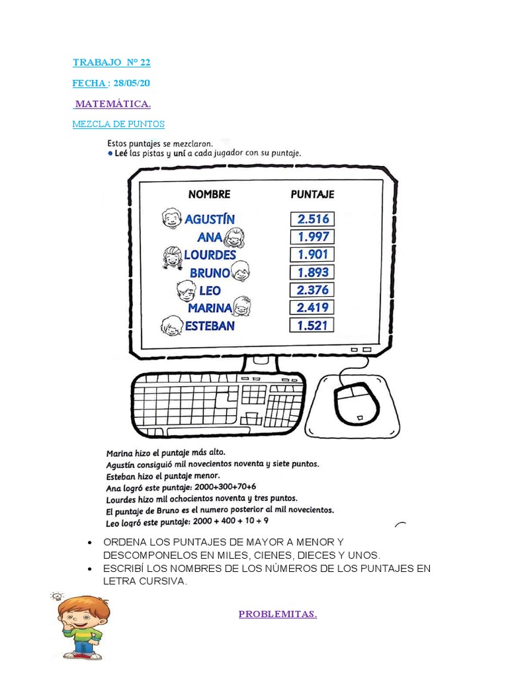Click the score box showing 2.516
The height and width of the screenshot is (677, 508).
click(x=312, y=219)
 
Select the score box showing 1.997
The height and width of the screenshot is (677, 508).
click(x=312, y=237)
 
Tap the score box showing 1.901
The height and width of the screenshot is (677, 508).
click(x=312, y=255)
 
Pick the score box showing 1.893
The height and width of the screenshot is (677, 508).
click(x=312, y=272)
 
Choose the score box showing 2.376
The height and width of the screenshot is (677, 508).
click(x=312, y=290)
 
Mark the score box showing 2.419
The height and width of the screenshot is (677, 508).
click(x=312, y=307)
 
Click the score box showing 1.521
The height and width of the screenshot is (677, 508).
click(x=312, y=325)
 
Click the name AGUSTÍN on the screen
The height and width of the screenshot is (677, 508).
click(x=210, y=219)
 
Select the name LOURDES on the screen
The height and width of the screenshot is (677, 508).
click(x=210, y=255)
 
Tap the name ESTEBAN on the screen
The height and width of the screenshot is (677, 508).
click(x=210, y=326)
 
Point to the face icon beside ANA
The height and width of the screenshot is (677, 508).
click(x=235, y=237)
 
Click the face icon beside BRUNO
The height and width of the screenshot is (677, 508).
click(x=241, y=271)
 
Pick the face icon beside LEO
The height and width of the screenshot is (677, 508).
click(x=186, y=290)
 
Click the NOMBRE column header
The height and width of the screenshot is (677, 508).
click(x=209, y=194)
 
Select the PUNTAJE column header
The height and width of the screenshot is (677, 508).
click(x=312, y=194)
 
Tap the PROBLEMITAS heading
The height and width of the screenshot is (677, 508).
click(x=278, y=614)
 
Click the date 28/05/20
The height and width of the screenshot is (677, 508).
click(x=132, y=83)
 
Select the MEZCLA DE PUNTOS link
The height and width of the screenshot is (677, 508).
click(x=118, y=124)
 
